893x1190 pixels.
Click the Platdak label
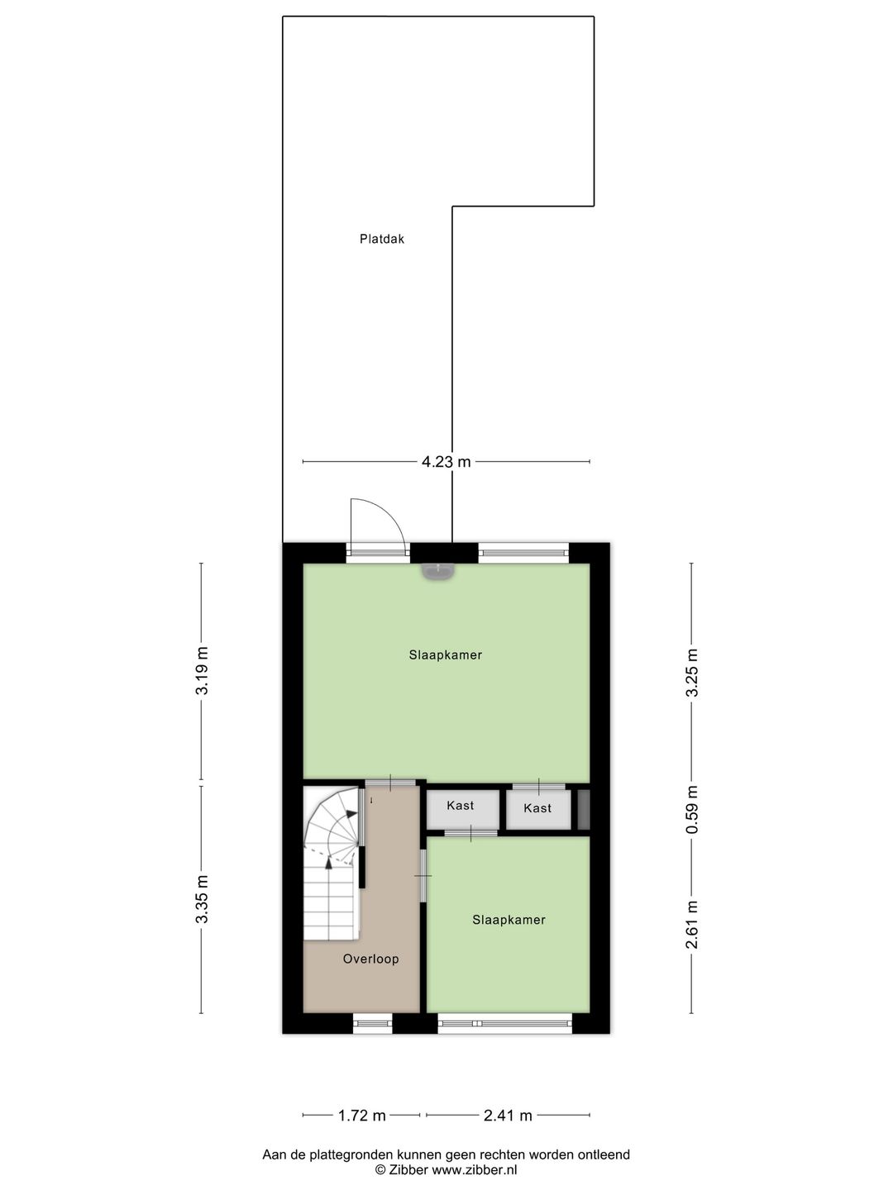(382, 240)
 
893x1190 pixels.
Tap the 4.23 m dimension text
(446, 462)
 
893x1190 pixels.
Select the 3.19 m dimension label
(202, 671)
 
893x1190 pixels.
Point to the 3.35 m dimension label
(202, 900)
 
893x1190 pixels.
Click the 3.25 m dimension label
(692, 672)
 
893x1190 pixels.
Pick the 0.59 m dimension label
(692, 810)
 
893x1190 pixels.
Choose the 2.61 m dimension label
(692, 924)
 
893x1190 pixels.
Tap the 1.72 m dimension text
(361, 1116)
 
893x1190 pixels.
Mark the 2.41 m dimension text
(508, 1116)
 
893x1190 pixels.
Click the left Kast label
(460, 806)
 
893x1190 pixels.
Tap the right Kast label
(537, 808)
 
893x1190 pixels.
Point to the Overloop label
(371, 959)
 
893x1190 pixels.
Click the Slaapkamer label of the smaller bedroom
(509, 920)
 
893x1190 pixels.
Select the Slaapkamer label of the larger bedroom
(445, 655)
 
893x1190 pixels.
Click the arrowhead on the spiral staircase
(329, 863)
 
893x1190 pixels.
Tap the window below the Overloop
(372, 1024)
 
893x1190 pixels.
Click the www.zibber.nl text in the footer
(475, 1170)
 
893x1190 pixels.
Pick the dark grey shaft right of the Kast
(583, 810)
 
